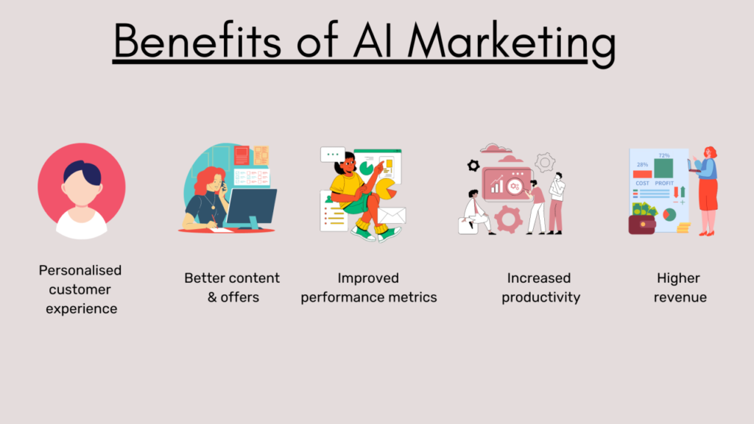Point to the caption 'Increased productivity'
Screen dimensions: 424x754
pyautogui.click(x=540, y=288)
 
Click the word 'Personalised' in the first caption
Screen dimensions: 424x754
pyautogui.click(x=80, y=270)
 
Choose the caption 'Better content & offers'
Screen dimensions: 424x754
pyautogui.click(x=232, y=288)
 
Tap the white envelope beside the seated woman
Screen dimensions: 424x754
pyautogui.click(x=391, y=216)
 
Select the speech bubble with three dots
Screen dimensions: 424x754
pyautogui.click(x=333, y=155)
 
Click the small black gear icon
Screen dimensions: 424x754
pyautogui.click(x=473, y=166)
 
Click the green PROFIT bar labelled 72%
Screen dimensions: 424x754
pyautogui.click(x=663, y=169)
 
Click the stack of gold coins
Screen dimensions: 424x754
pyautogui.click(x=683, y=227)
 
